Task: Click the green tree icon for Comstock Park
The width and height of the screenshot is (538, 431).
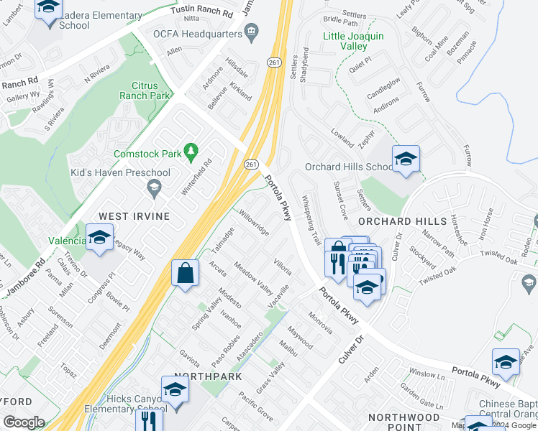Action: pos(191,151)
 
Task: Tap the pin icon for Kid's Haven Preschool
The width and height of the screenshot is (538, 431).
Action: pos(153,188)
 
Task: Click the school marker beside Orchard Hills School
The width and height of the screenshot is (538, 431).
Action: pos(406,159)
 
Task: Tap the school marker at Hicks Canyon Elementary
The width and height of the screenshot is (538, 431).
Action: pos(175,389)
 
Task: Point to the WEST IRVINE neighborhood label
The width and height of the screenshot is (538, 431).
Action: pos(134,216)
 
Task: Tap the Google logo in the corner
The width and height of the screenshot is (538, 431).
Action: pos(24,422)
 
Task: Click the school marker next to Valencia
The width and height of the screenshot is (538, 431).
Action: pos(99,238)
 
